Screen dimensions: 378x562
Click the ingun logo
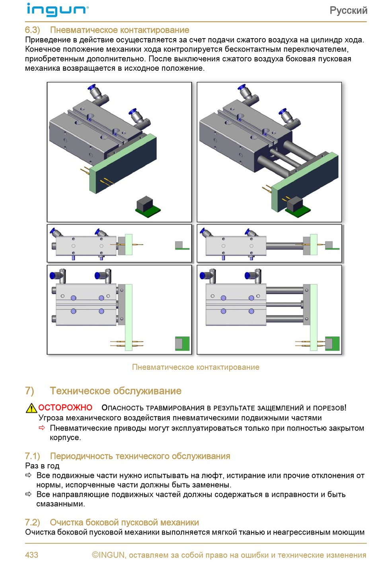pos(57,10)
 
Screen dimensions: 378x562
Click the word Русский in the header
pos(348,11)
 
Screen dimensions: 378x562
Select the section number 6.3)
pos(32,30)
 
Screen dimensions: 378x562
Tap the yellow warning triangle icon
pos(31,408)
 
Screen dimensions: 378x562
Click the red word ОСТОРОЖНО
pos(65,407)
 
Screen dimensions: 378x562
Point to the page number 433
pos(32,555)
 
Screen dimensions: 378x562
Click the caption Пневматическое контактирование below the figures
pos(195,367)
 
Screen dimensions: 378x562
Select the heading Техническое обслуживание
pos(116,391)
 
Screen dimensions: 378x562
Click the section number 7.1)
pos(32,456)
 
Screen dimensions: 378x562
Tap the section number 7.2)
pos(32,522)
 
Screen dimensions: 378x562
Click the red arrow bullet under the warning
pos(42,428)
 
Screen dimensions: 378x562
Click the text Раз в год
pos(42,466)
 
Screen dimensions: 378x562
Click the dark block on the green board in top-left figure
pos(145,203)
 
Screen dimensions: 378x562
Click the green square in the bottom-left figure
pos(182,344)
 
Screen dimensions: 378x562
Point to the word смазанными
pos(60,504)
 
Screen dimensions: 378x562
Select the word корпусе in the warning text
pos(65,438)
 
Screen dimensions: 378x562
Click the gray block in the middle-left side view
pos(179,245)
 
